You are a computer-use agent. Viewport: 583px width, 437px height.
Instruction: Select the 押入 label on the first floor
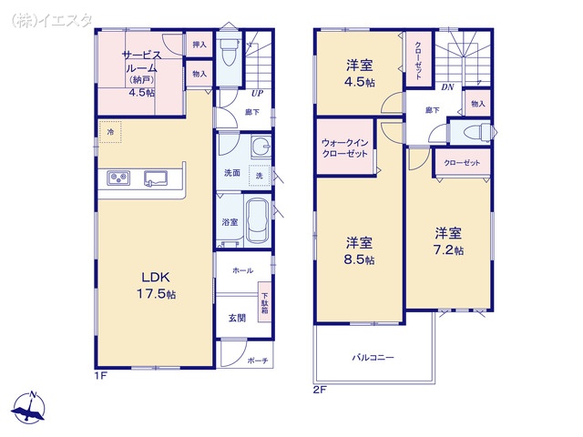[199, 44]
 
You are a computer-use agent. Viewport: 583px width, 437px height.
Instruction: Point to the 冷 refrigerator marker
[110, 133]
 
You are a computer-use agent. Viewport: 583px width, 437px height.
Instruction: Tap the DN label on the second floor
[447, 87]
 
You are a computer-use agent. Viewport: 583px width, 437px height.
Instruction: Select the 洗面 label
[232, 173]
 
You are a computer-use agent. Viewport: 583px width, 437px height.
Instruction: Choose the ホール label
[242, 270]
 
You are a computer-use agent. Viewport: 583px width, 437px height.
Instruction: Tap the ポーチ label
[257, 361]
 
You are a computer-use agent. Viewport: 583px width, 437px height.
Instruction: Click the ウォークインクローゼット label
[344, 148]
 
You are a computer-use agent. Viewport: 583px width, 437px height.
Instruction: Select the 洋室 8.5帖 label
[359, 251]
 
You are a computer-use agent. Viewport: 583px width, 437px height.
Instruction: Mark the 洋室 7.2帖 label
[448, 240]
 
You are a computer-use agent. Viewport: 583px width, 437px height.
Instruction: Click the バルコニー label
[373, 358]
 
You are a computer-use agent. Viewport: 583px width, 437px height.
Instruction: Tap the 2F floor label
[319, 390]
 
